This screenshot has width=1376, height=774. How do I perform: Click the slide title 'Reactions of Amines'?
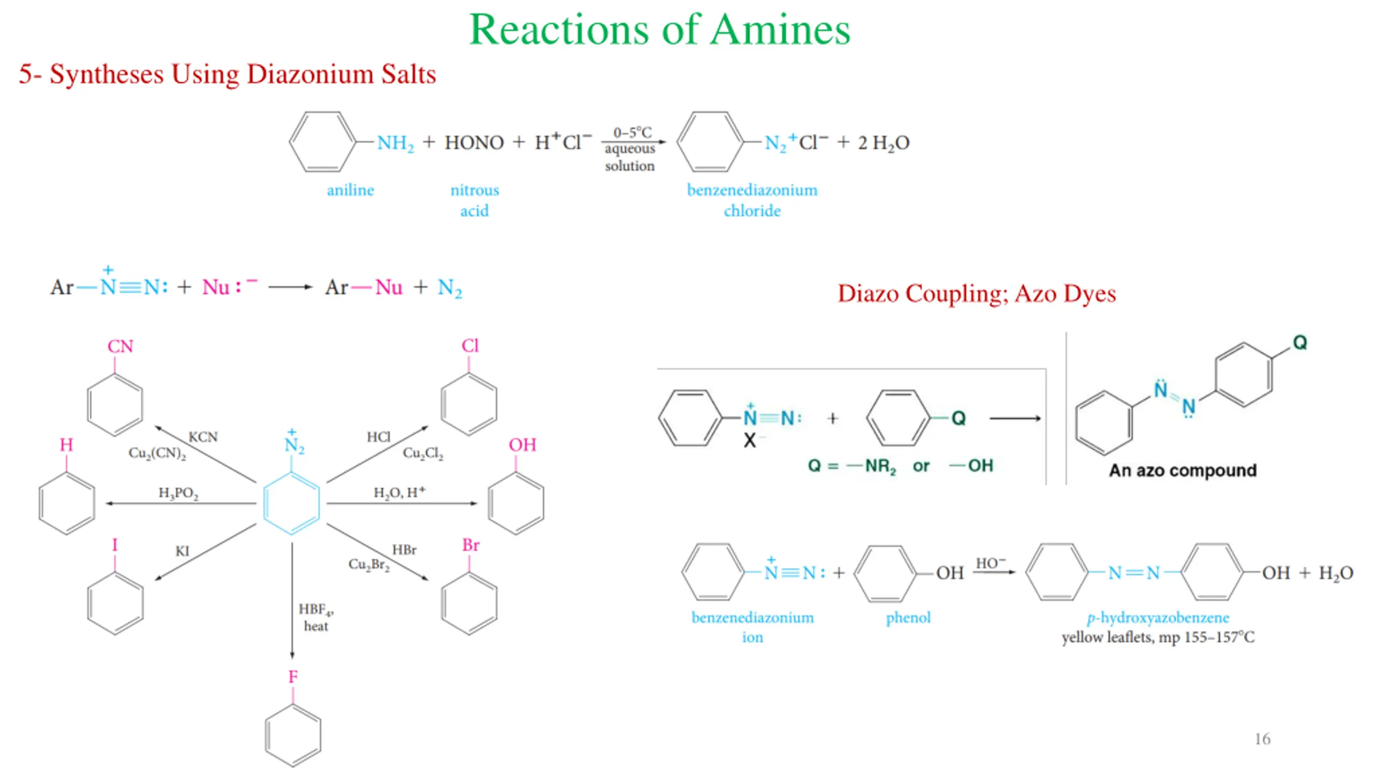660,30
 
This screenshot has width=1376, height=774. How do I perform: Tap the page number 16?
1262,739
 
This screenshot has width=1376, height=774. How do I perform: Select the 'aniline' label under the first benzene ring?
350,190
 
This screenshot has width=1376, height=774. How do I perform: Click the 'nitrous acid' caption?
474,200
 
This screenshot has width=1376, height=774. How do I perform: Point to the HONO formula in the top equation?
474,142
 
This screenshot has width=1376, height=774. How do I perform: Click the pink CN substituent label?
120,347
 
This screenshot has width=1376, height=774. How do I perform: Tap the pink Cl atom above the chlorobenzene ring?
469,346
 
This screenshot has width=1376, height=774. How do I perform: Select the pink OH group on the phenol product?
522,445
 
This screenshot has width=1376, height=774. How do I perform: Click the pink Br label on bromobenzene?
470,545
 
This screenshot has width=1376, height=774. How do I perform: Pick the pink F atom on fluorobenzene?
292,677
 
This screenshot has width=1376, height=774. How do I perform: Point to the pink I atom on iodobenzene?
114,545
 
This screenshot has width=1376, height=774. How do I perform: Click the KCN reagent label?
203,437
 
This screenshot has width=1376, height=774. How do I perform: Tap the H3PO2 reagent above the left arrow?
178,493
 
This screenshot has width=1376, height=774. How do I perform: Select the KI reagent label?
182,551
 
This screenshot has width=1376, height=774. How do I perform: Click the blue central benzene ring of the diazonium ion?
291,503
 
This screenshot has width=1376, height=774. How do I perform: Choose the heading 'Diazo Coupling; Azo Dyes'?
976,293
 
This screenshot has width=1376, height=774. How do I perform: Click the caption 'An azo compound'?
1182,470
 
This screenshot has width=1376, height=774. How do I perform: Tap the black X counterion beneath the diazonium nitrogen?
749,441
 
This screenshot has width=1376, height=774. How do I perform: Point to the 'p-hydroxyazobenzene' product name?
1158,618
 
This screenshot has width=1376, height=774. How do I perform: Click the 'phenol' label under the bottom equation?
908,618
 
